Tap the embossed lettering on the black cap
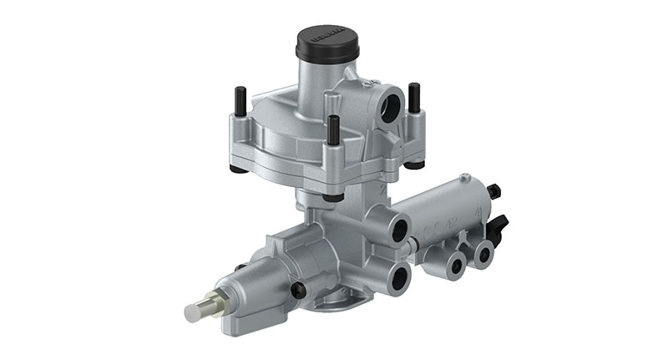[327, 37]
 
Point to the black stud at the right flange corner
[413, 98]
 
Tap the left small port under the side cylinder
[455, 266]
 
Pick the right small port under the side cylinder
[483, 251]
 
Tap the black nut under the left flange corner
[239, 169]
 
